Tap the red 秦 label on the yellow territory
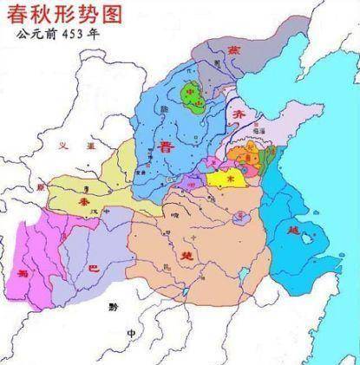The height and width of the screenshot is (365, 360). [84, 200]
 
